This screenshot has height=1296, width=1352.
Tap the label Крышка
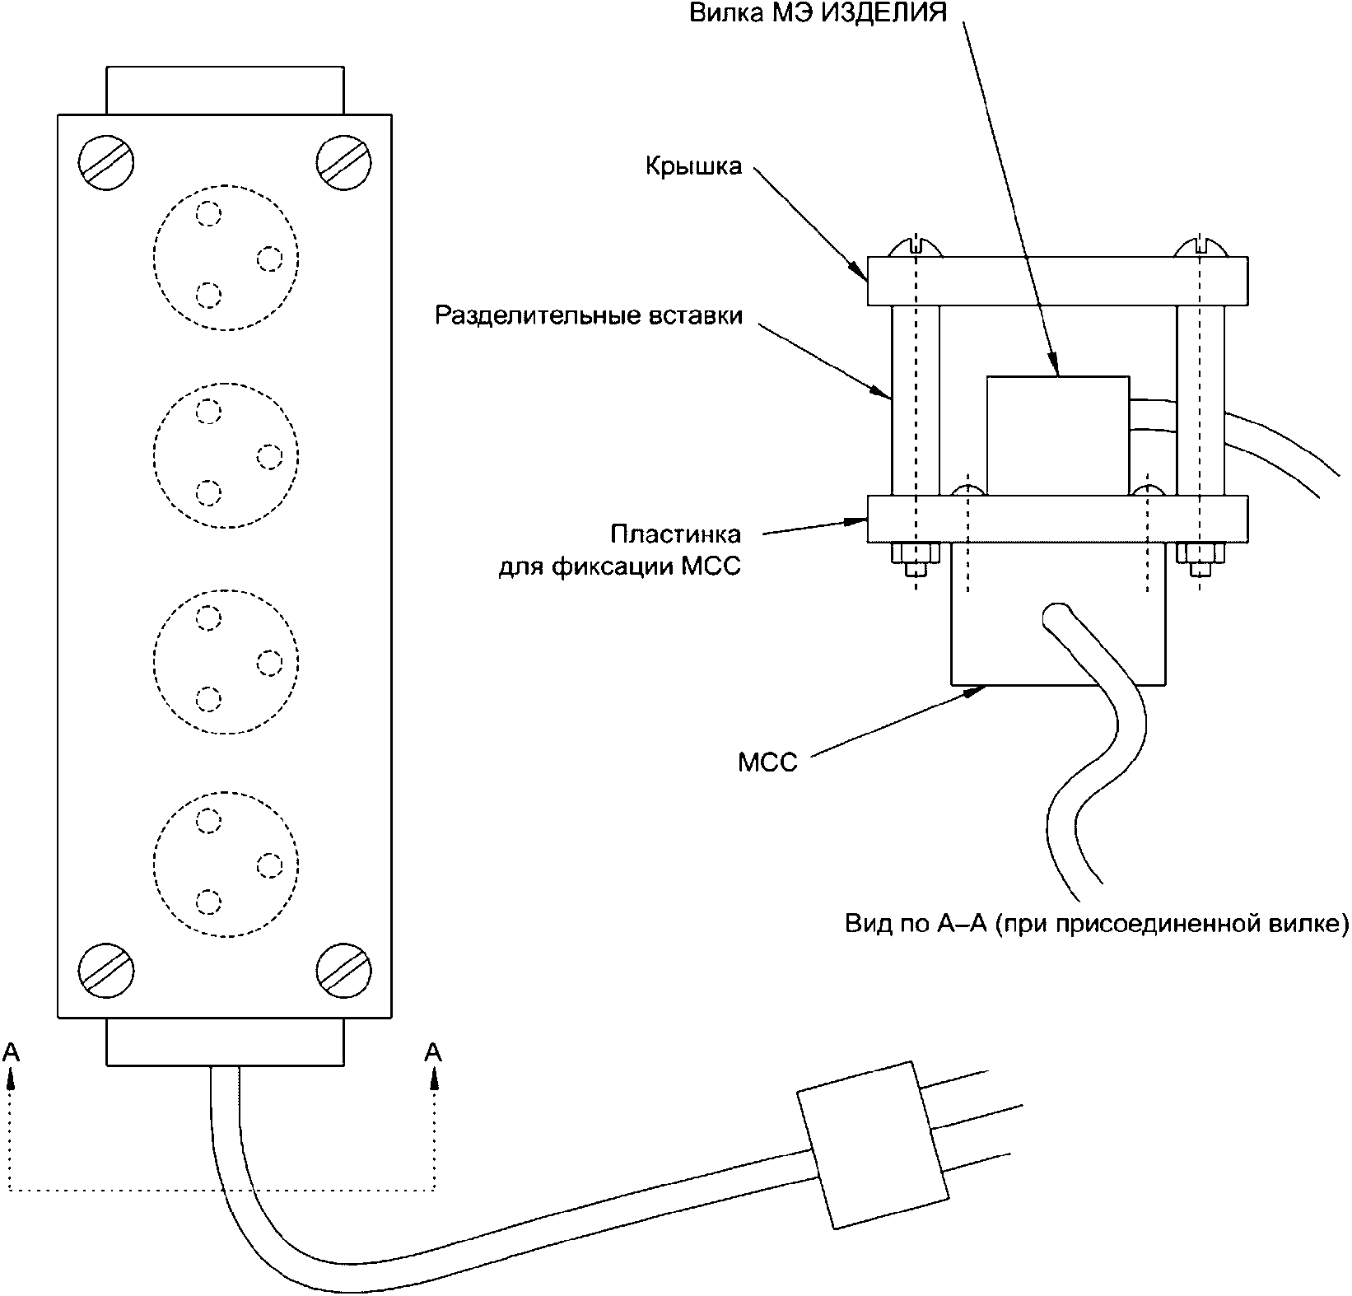693,166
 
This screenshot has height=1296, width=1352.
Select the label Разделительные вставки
589,316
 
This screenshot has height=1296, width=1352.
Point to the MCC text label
767,763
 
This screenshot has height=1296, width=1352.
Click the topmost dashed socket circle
226,257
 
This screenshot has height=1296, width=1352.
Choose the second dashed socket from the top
226,455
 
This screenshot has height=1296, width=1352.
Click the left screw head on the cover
915,247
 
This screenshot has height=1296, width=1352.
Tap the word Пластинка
675,534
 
